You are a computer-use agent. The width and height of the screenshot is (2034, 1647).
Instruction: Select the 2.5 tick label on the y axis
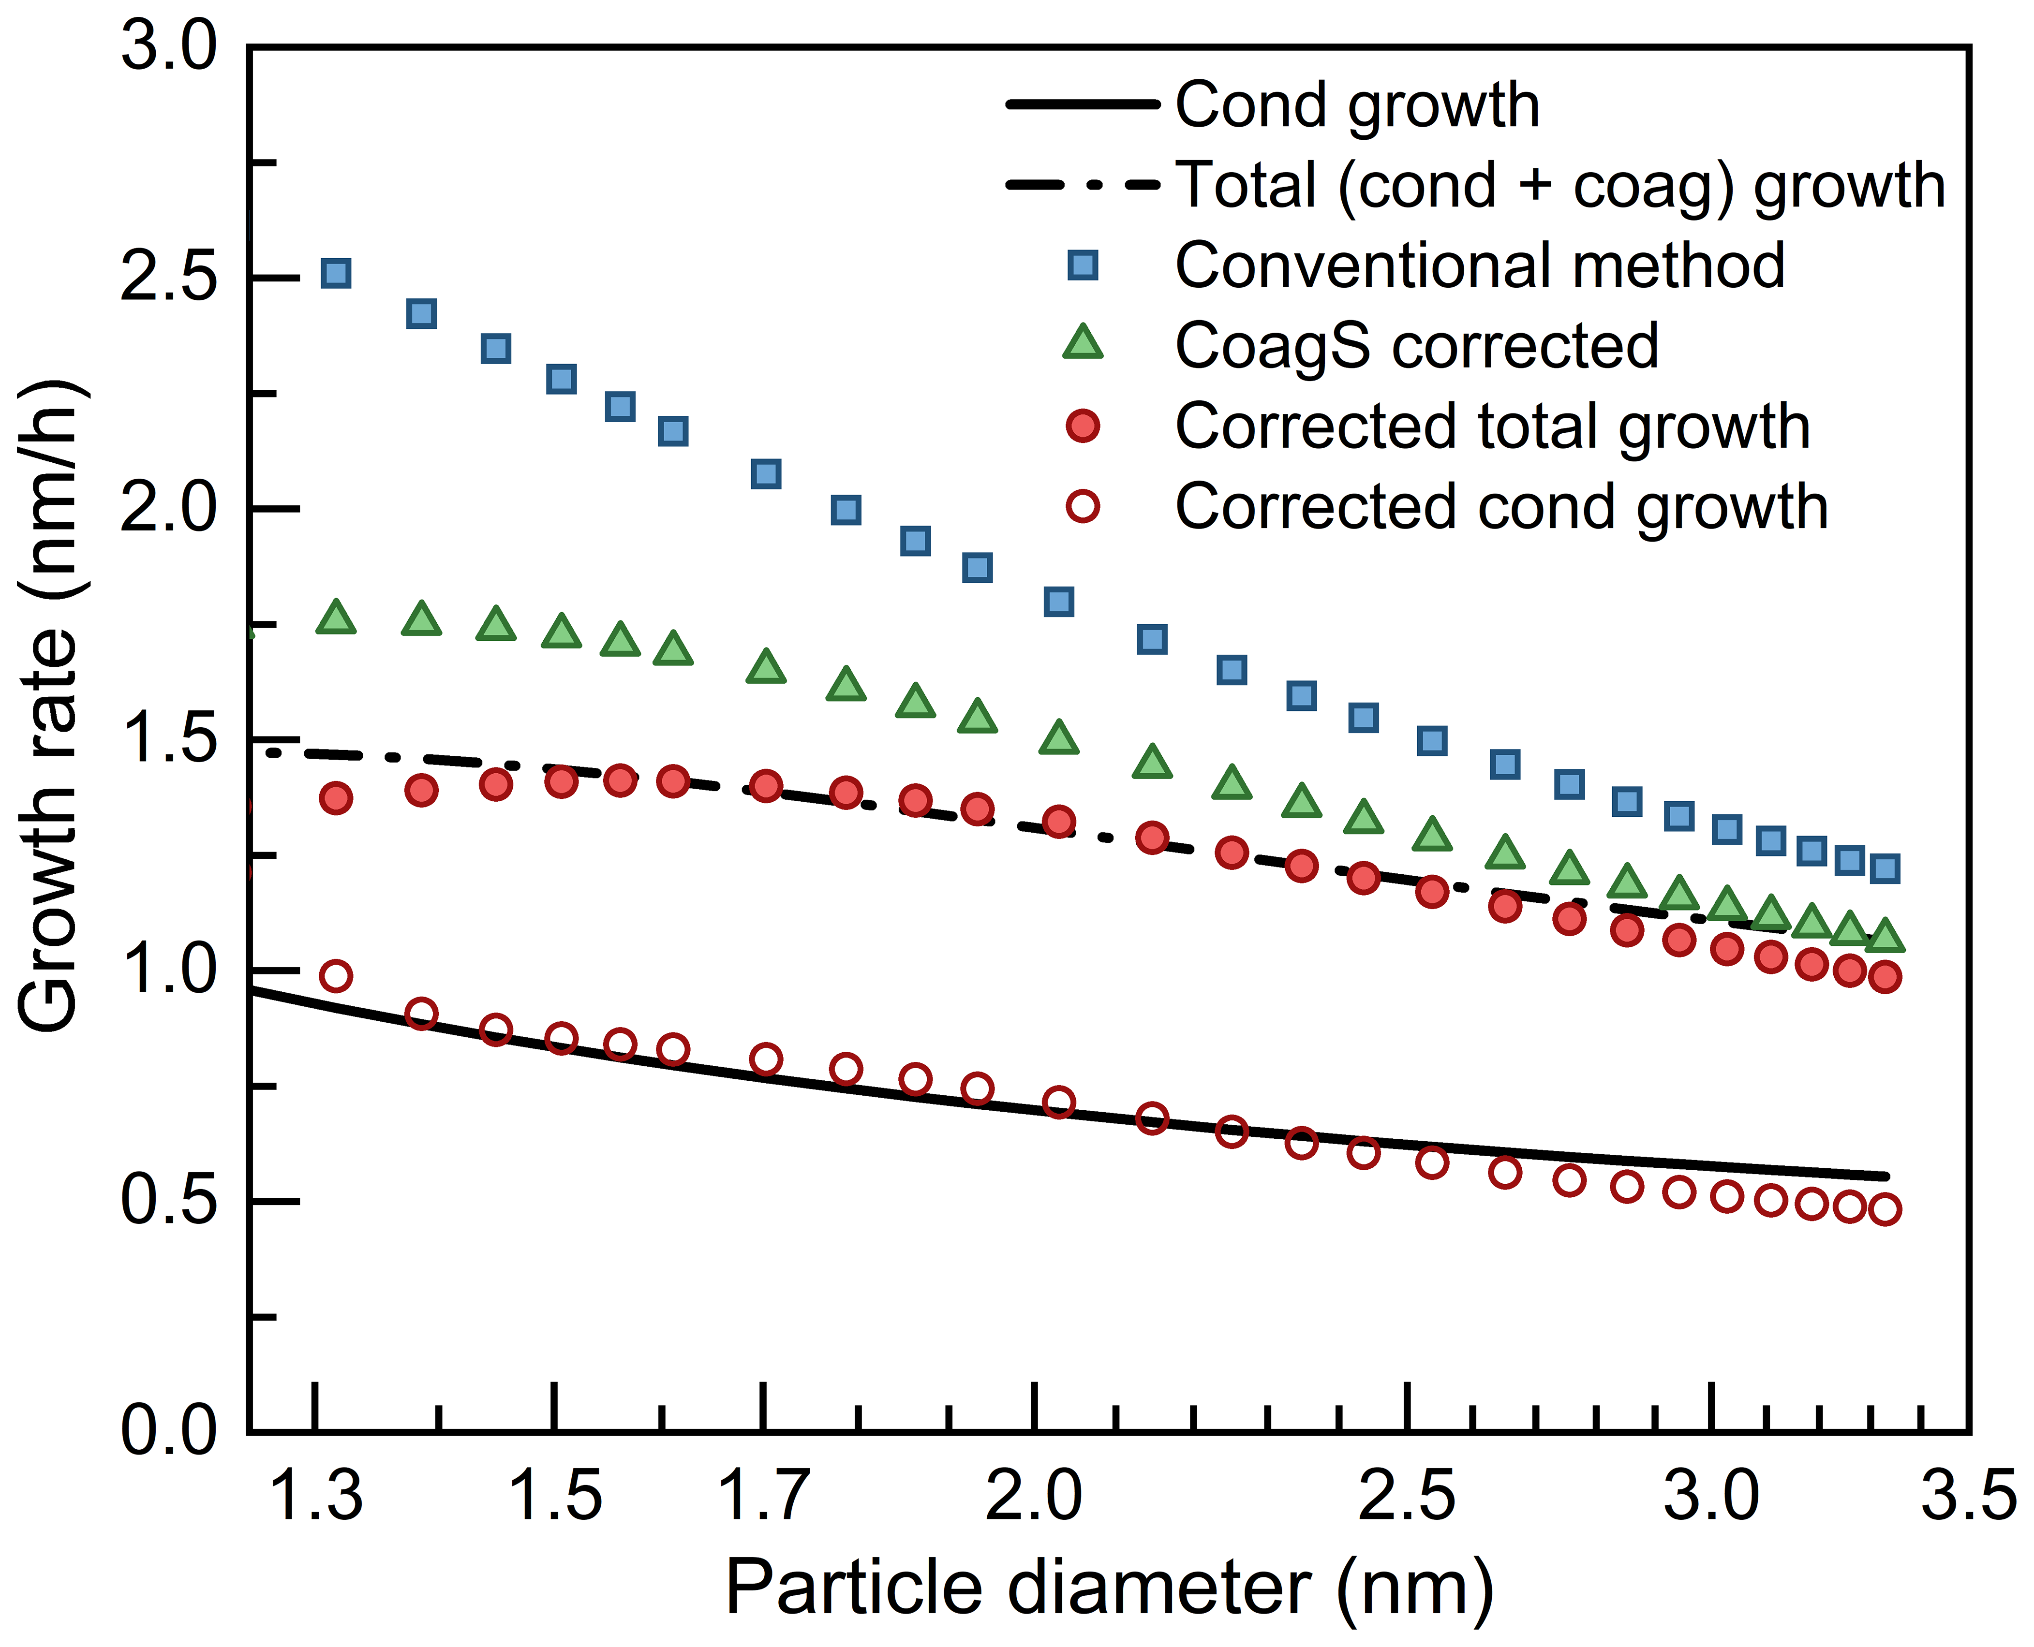coord(169,278)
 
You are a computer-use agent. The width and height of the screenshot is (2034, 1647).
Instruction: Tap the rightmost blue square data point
coord(1885,868)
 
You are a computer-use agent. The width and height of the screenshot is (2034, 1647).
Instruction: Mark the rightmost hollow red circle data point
coord(1885,1210)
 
